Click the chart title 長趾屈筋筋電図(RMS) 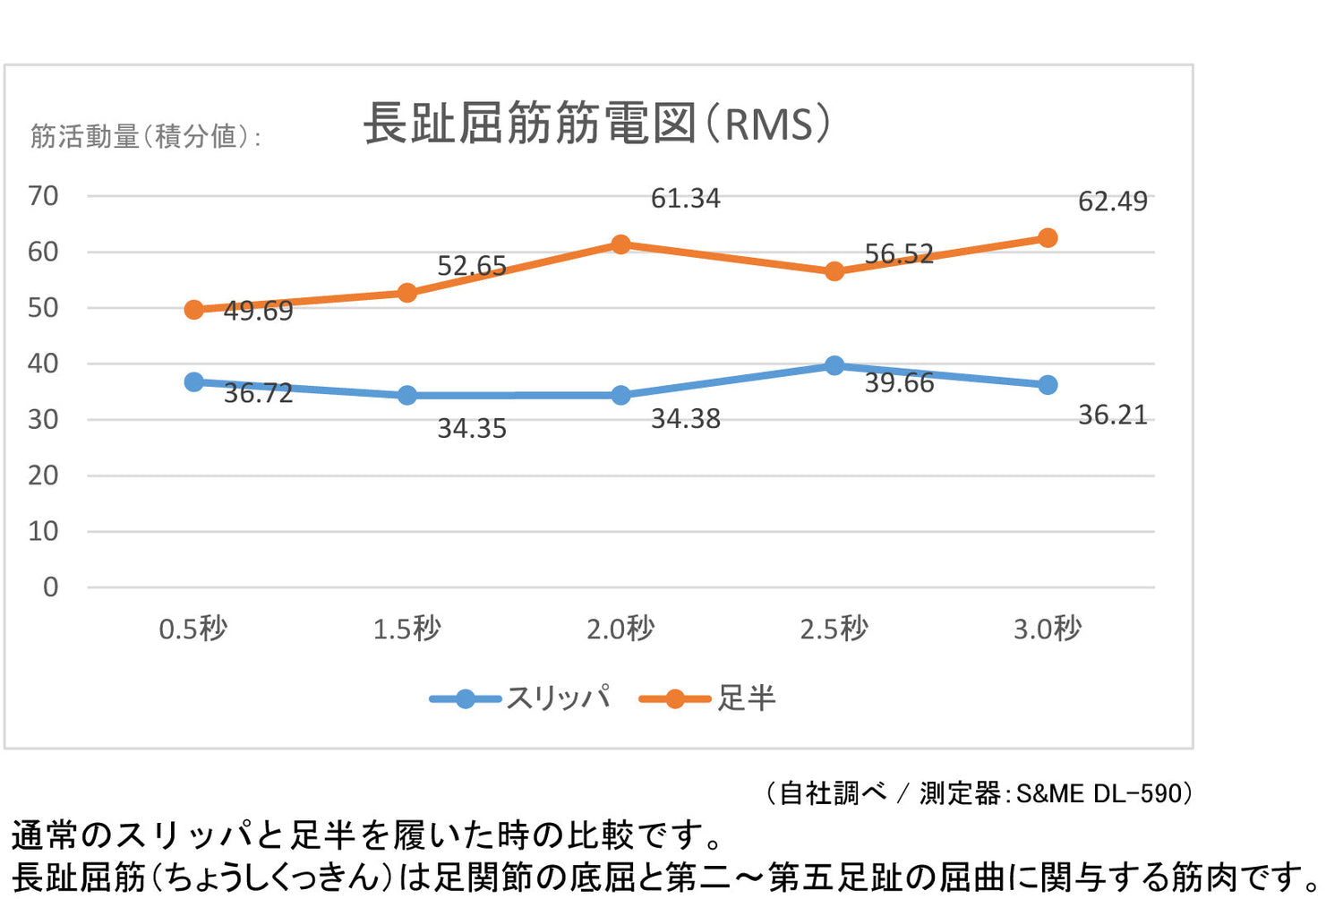(597, 124)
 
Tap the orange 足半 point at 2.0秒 (620, 244)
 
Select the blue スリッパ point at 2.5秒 (834, 365)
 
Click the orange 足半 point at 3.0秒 (1048, 238)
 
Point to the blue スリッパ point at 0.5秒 (193, 382)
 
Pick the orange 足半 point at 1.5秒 (407, 293)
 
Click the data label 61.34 (685, 198)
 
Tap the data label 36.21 (1112, 415)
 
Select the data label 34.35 (471, 428)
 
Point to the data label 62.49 (1112, 201)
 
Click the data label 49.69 (258, 311)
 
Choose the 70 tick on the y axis (43, 195)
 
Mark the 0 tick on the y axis (50, 586)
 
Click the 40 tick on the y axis (43, 363)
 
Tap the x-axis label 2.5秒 (834, 629)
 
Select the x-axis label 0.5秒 (193, 629)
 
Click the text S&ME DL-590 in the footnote (1099, 793)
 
